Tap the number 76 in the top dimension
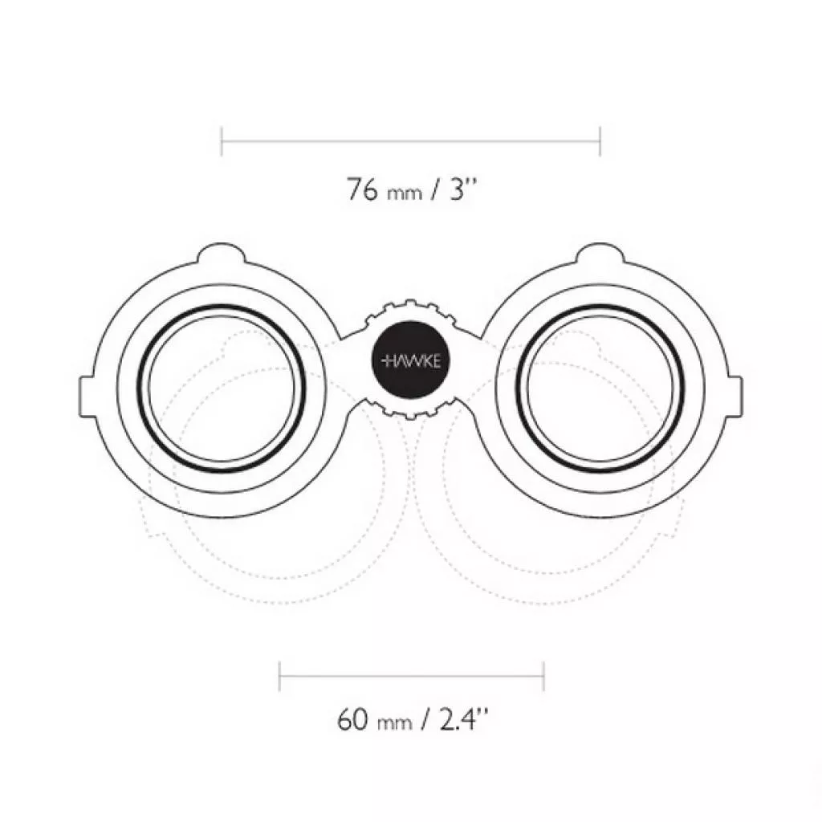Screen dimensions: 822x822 pyautogui.click(x=362, y=189)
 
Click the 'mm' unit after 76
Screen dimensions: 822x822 pyautogui.click(x=405, y=193)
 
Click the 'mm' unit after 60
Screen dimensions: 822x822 pyautogui.click(x=394, y=723)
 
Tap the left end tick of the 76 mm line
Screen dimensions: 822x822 pyautogui.click(x=222, y=141)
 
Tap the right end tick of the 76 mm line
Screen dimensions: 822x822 pyautogui.click(x=600, y=141)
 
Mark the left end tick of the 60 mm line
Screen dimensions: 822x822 pyautogui.click(x=280, y=676)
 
